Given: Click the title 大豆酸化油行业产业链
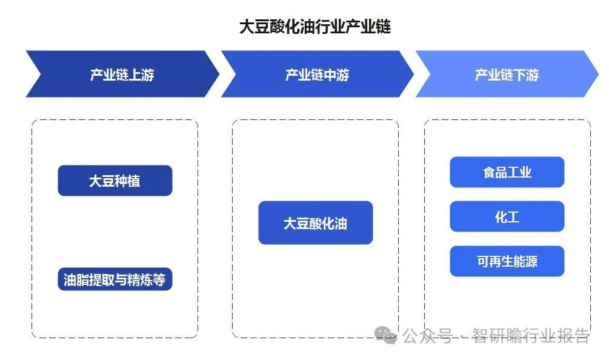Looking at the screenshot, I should tap(314, 27).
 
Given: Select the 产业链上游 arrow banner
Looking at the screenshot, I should tap(122, 75).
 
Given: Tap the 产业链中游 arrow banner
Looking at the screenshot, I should tap(317, 75).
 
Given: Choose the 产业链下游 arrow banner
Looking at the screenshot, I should tap(507, 75).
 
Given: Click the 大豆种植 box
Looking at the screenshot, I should tap(115, 181).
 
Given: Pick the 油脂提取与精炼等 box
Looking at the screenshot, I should tap(115, 279).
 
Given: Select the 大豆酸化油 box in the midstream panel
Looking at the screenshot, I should tap(315, 223).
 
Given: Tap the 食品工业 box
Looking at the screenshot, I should tap(507, 172).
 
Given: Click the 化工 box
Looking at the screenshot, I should tap(507, 216).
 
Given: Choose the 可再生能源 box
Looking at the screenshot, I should tap(507, 262).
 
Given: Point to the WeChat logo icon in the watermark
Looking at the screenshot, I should tap(385, 335).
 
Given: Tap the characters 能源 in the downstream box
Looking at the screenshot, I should tap(522, 262).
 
